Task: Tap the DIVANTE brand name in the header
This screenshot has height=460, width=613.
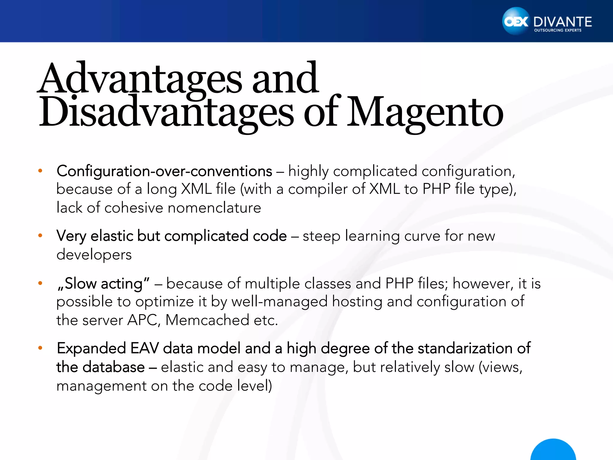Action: pos(562,22)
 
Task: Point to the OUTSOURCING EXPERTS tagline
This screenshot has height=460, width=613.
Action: pos(558,30)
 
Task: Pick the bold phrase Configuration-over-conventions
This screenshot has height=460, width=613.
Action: pos(164,171)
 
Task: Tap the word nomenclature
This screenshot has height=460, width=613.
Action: pos(214,208)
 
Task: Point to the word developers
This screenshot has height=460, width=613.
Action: pos(94,255)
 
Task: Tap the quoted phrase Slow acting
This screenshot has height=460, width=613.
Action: pos(103,283)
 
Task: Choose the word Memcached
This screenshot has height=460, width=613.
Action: pos(207,320)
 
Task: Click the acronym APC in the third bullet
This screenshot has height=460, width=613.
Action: pos(142,320)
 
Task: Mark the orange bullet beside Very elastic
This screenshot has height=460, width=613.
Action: pos(40,235)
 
